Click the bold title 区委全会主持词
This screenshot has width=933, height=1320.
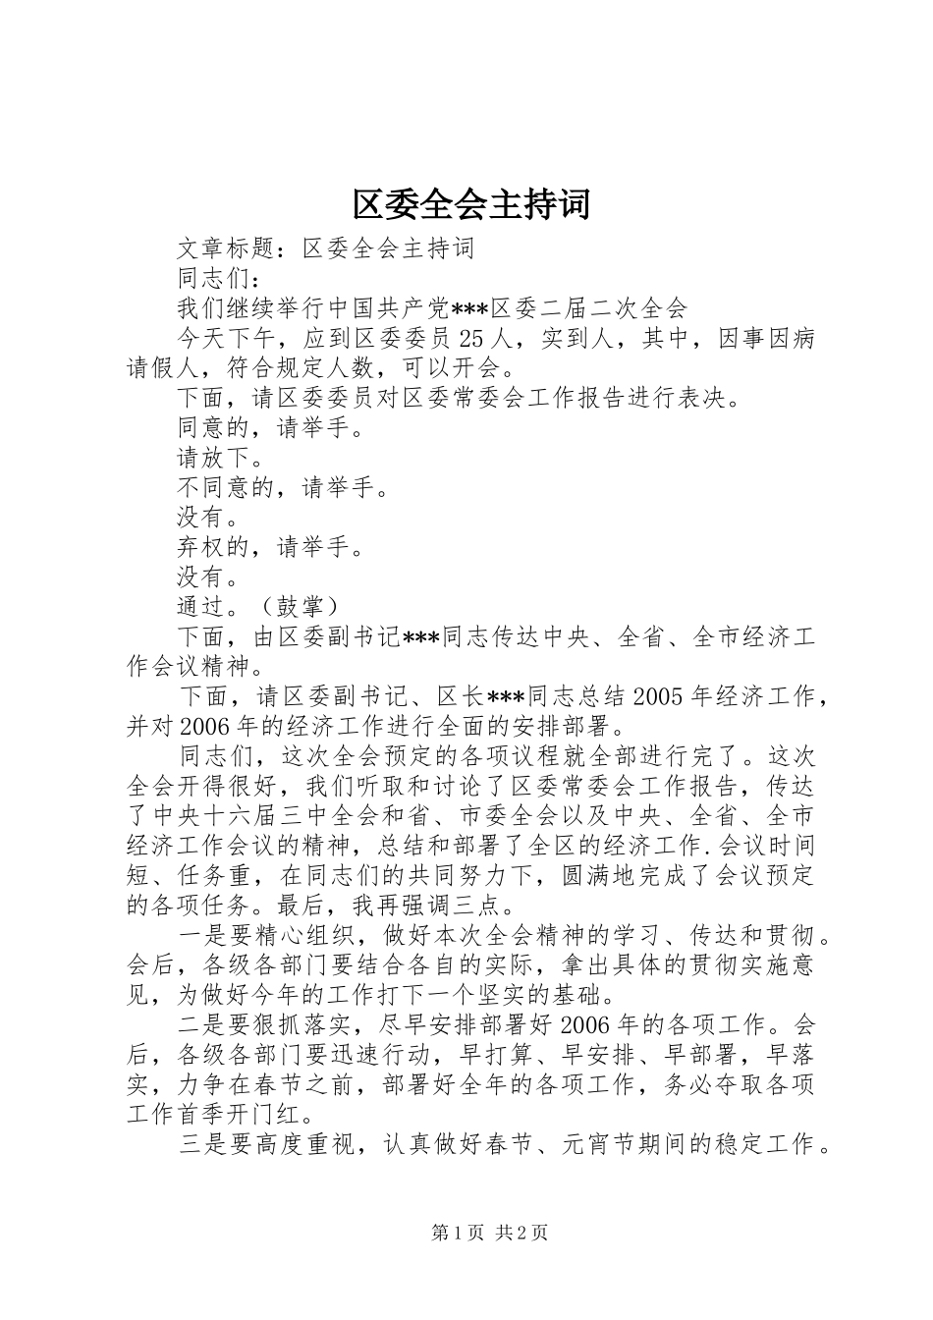[470, 204]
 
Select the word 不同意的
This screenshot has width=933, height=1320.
[227, 488]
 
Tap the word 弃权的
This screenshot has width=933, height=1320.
[214, 547]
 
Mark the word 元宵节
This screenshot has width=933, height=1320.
[601, 1144]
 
